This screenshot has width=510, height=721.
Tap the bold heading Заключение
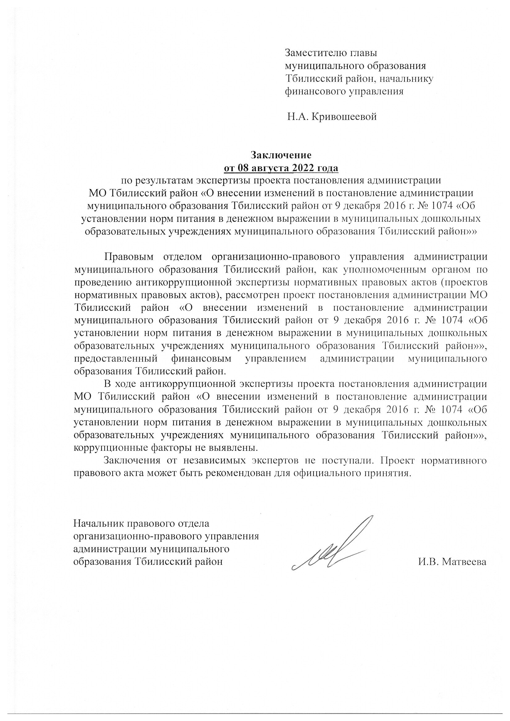click(x=280, y=155)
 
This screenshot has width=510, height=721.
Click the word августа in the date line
click(x=268, y=168)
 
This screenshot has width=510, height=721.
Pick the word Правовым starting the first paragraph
click(x=129, y=257)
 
